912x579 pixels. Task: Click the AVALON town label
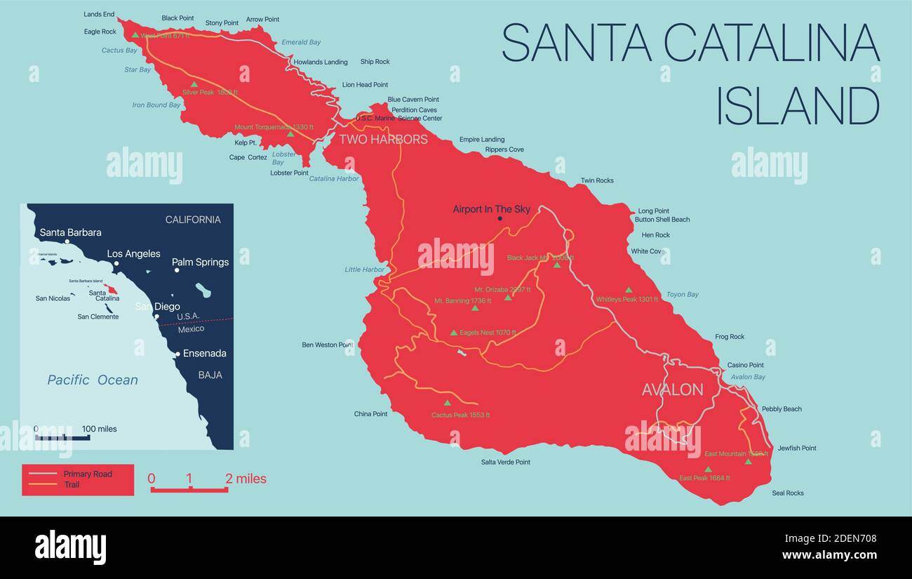(x=672, y=390)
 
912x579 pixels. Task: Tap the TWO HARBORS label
(x=383, y=139)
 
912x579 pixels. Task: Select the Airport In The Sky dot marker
(x=500, y=219)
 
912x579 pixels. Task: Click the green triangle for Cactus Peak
(x=448, y=403)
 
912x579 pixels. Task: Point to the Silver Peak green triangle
(x=194, y=84)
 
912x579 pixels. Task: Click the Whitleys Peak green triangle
(x=629, y=289)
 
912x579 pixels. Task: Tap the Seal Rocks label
(x=787, y=493)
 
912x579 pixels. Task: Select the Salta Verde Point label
(x=505, y=462)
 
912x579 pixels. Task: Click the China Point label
(x=370, y=414)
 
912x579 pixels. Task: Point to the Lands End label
(x=99, y=14)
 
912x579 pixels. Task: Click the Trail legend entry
(x=72, y=484)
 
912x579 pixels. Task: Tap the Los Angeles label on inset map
(x=133, y=254)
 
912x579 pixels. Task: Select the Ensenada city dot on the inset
(x=177, y=354)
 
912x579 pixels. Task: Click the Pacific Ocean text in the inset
(x=93, y=380)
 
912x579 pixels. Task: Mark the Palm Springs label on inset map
(x=200, y=262)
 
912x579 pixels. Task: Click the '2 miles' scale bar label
(x=246, y=479)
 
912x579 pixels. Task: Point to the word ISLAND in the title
(x=797, y=107)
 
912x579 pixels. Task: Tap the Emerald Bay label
(x=301, y=42)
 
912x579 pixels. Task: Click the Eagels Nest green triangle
(x=454, y=333)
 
